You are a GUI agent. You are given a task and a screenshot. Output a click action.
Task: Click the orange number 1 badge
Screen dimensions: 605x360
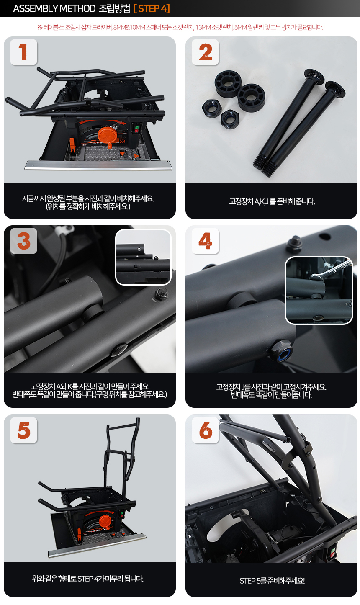(23, 52)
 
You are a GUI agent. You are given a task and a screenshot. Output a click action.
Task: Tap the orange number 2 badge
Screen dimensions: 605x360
(205, 52)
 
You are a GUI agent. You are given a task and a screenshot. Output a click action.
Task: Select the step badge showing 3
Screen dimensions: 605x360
(23, 241)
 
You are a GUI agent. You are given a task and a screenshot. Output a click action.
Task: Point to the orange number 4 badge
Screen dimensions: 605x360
(205, 241)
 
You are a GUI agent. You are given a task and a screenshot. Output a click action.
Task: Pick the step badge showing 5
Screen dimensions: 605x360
(23, 430)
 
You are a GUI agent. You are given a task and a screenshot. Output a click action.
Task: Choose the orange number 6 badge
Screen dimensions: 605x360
(205, 430)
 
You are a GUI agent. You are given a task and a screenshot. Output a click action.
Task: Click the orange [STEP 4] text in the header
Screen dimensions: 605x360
(152, 8)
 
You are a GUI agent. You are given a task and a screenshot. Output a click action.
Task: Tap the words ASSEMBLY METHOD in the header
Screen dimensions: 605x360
(54, 8)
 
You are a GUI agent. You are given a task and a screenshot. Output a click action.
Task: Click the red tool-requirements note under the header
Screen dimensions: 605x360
(180, 27)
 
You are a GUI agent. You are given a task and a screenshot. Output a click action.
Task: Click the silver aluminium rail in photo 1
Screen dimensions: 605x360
(98, 166)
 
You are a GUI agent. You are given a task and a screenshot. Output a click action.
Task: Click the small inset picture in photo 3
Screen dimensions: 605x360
(143, 257)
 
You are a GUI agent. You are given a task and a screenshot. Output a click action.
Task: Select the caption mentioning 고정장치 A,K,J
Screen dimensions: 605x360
(272, 201)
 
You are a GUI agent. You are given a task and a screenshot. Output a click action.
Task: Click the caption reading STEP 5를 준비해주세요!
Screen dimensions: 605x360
(272, 581)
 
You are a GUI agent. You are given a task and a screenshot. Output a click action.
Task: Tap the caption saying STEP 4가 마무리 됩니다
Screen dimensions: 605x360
(88, 579)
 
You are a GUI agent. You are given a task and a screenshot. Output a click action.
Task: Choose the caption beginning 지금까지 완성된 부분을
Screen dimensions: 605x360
(88, 202)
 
